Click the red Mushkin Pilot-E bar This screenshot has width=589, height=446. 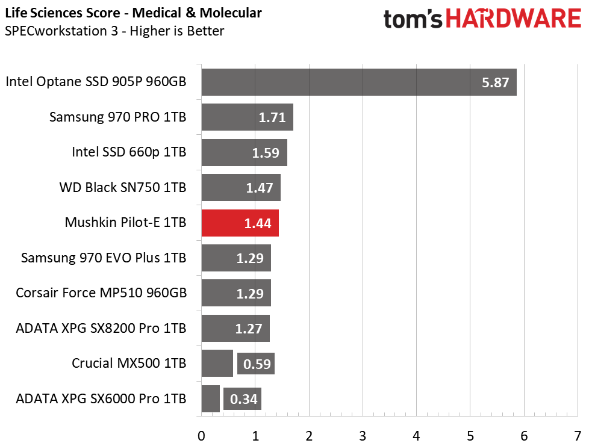(x=240, y=223)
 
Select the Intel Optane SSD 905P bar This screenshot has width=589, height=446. (x=359, y=82)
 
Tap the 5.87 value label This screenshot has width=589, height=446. (x=496, y=82)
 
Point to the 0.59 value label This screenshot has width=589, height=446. (x=257, y=364)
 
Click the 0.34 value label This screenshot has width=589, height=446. (x=243, y=398)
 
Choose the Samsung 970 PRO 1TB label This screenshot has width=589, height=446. (x=117, y=117)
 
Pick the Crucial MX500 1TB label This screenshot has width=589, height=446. (x=129, y=364)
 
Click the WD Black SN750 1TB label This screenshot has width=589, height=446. (x=123, y=187)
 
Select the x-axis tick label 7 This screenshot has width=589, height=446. (x=578, y=436)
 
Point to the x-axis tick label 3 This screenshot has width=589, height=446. (x=363, y=436)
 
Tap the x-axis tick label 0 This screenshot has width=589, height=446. (x=201, y=436)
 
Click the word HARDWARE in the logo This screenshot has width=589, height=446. (x=514, y=19)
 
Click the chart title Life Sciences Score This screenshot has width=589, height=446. (x=63, y=13)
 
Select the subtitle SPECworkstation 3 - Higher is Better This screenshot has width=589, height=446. (x=114, y=31)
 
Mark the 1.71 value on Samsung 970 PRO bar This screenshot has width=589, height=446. (x=272, y=117)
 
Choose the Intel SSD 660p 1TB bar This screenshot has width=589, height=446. (x=245, y=153)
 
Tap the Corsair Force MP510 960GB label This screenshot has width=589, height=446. (x=101, y=293)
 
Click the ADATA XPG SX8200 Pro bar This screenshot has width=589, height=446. (x=235, y=329)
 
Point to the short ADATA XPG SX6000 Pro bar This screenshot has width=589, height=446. (x=211, y=398)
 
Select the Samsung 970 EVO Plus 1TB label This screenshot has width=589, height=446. (x=104, y=258)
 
